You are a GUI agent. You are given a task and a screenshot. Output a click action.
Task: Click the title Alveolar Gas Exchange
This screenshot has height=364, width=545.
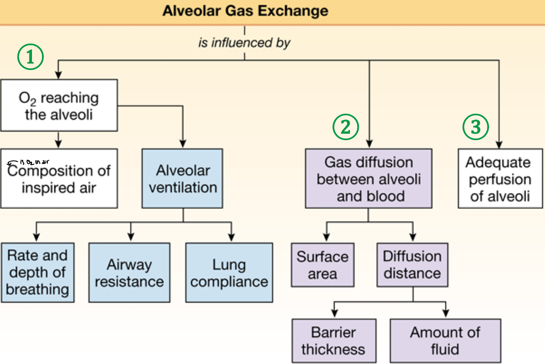[x=245, y=11]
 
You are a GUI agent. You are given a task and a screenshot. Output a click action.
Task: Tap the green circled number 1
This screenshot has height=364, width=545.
[x=30, y=58]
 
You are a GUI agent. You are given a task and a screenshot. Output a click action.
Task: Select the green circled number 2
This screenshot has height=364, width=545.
[x=346, y=127]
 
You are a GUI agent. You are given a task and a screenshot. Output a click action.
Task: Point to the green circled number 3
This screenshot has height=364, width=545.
[x=476, y=127]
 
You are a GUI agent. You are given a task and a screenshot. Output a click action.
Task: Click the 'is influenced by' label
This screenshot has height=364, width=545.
[x=244, y=43]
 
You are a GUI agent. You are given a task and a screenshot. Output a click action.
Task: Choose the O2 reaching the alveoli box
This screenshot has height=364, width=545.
[x=58, y=105]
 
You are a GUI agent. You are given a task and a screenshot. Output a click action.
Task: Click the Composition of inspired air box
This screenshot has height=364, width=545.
[x=58, y=179]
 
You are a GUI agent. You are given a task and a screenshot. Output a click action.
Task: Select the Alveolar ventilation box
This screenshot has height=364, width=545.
[x=183, y=179]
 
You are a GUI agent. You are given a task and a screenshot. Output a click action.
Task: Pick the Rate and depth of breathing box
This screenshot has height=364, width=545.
[x=37, y=273]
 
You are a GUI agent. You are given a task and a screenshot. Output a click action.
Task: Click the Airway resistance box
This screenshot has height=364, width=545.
[x=129, y=273]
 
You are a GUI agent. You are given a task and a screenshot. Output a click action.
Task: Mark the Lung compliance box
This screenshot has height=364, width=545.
[x=229, y=273]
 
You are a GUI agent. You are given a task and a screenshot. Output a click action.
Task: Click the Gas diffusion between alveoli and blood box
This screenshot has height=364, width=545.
[x=368, y=179]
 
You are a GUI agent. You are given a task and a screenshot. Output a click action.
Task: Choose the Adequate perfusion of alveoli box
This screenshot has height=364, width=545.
[x=500, y=179]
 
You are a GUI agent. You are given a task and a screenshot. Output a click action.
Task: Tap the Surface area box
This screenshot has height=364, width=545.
[x=323, y=265]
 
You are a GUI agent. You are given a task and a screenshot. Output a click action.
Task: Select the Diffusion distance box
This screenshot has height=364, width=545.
[x=412, y=265]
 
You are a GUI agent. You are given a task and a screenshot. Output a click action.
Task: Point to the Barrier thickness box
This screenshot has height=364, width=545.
[x=333, y=341]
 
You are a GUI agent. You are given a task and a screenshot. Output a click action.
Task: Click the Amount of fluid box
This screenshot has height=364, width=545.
[x=445, y=341]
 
